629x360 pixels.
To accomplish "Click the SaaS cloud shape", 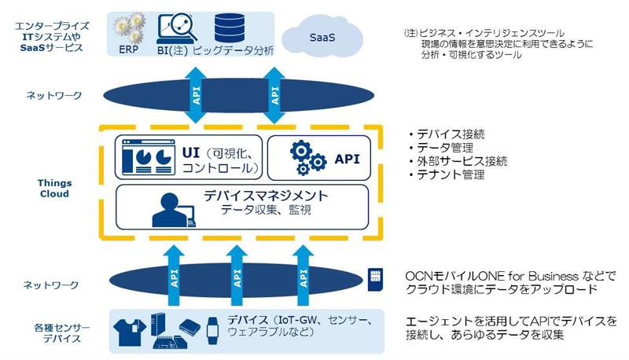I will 322,36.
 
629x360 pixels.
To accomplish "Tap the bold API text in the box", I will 347,159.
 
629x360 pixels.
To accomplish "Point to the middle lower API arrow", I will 237,274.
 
